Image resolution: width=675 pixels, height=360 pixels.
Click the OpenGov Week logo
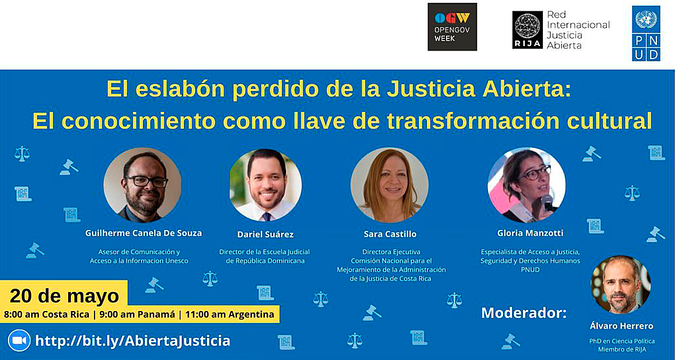coord(452,27)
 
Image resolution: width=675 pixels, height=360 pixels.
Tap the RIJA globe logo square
coord(527,30)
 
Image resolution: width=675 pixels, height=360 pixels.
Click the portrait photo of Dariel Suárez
coord(265,185)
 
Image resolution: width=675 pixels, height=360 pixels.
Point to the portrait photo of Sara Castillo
coord(389,185)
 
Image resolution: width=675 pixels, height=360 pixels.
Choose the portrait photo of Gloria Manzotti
coord(526,185)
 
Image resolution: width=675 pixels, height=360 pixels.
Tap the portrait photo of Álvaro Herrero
coord(620,284)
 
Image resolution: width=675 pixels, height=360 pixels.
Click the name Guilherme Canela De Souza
coord(143,233)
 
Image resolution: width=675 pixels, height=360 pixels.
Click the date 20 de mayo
coord(65,295)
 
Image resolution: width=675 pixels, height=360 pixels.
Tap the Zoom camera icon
coord(19,340)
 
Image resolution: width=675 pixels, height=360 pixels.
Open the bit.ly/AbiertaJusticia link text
coord(133,340)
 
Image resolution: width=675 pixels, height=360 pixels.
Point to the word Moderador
coord(524,313)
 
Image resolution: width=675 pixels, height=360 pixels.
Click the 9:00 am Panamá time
coord(134,314)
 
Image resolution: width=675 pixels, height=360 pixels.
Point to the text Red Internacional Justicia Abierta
coord(578,29)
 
